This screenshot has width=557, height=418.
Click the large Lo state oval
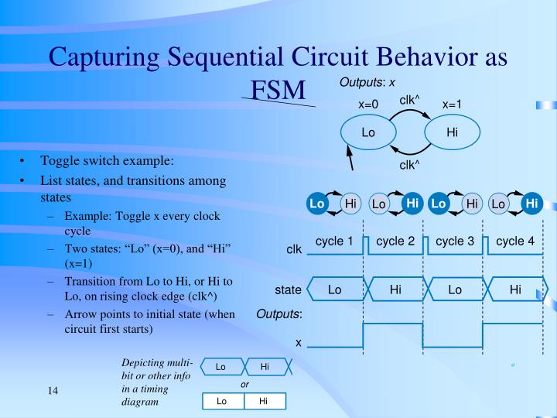pos(368,132)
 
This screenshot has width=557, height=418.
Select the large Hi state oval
pos(453,132)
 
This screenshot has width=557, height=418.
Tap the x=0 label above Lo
pos(368,104)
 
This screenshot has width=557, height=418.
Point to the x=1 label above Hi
pos(453,104)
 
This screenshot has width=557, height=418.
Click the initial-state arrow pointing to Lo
pos(350,160)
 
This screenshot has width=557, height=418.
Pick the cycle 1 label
pos(334,242)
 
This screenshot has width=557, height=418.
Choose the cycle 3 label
pos(455,242)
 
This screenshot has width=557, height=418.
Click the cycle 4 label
pos(515,242)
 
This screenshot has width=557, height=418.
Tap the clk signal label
pos(294,249)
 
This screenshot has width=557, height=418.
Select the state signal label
pos(288,290)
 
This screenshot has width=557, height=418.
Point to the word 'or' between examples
pos(244,384)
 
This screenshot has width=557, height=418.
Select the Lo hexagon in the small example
pos(220,367)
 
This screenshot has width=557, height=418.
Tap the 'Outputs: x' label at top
pos(367,83)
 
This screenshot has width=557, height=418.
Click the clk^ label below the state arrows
pos(409,165)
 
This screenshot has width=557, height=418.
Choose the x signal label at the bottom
pos(298,341)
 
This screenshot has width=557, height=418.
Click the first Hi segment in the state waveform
pos(395,290)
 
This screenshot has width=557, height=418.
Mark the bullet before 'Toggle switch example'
pos(23,162)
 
